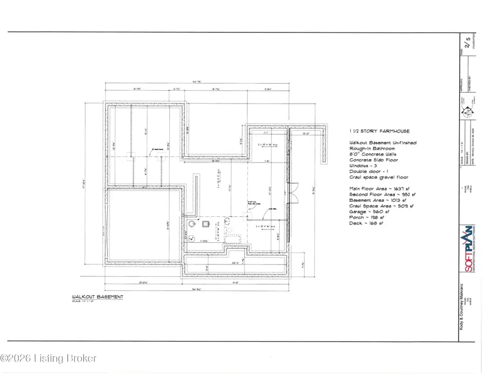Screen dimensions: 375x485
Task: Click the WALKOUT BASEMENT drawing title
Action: pos(98,297)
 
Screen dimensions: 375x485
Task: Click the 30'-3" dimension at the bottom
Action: pos(235,263)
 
